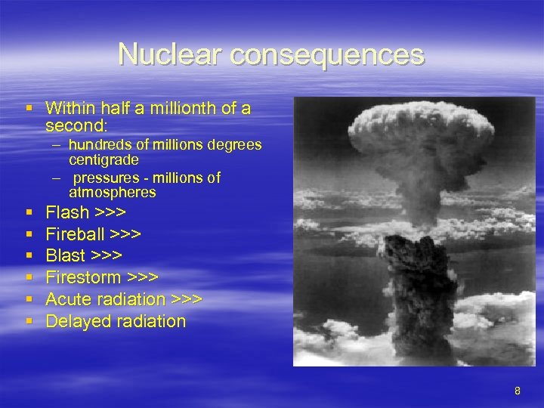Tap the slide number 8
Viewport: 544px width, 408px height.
(x=518, y=391)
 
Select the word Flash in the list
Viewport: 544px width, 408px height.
(x=67, y=212)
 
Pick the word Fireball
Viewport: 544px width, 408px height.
(x=76, y=233)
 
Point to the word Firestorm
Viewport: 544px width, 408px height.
(x=82, y=277)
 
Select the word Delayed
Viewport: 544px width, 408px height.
(x=76, y=321)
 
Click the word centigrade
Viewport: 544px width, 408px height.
(x=103, y=159)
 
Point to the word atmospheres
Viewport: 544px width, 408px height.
(x=113, y=193)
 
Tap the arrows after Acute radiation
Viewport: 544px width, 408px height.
(x=187, y=299)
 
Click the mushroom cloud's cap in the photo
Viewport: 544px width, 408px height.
(x=414, y=136)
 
